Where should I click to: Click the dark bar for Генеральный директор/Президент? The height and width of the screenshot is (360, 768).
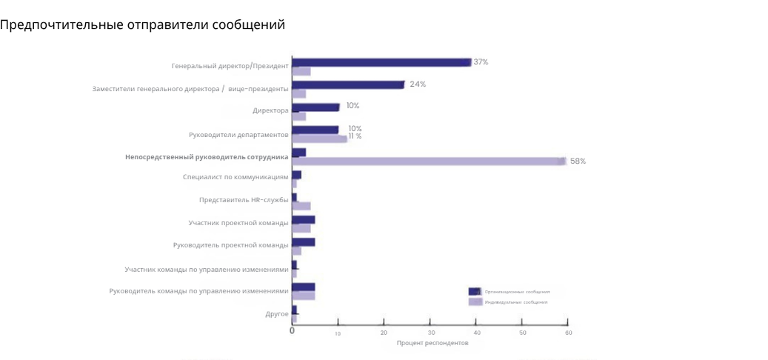[x=381, y=62]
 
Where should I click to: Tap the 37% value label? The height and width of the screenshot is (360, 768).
[x=481, y=62]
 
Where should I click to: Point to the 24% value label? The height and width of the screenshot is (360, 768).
[x=418, y=84]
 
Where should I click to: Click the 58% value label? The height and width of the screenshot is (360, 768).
[x=578, y=161]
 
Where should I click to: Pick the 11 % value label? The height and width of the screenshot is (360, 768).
[x=355, y=136]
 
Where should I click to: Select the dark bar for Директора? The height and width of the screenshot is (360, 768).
[x=315, y=107]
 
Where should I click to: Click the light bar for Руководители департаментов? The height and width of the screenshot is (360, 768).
[x=319, y=139]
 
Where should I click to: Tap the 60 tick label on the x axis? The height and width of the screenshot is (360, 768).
[x=568, y=333]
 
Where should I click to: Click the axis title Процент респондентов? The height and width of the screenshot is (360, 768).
[x=433, y=343]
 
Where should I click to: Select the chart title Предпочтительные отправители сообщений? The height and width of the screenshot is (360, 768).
[x=143, y=25]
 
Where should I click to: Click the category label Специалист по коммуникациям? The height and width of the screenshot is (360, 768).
[x=236, y=177]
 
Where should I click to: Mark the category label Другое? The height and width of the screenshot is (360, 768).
[x=277, y=314]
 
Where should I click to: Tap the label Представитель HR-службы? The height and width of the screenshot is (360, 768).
[x=244, y=200]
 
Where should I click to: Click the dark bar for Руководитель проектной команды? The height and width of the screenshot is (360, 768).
[x=304, y=242]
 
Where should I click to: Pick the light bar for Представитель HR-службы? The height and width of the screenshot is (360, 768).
[x=301, y=206]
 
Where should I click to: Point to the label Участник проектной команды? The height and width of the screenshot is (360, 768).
[x=238, y=222]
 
